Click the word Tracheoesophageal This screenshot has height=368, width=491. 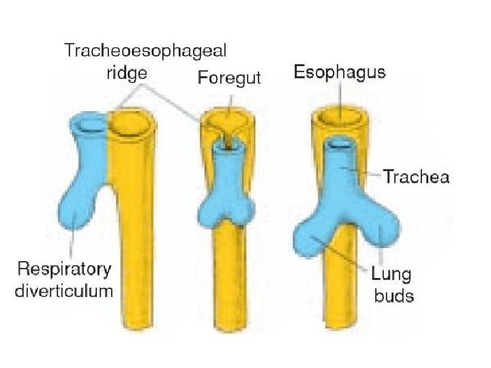(145, 50)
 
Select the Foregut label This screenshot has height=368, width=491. (229, 78)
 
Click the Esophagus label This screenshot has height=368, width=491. (340, 72)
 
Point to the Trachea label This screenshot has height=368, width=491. (416, 177)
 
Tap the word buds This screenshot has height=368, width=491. (394, 296)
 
